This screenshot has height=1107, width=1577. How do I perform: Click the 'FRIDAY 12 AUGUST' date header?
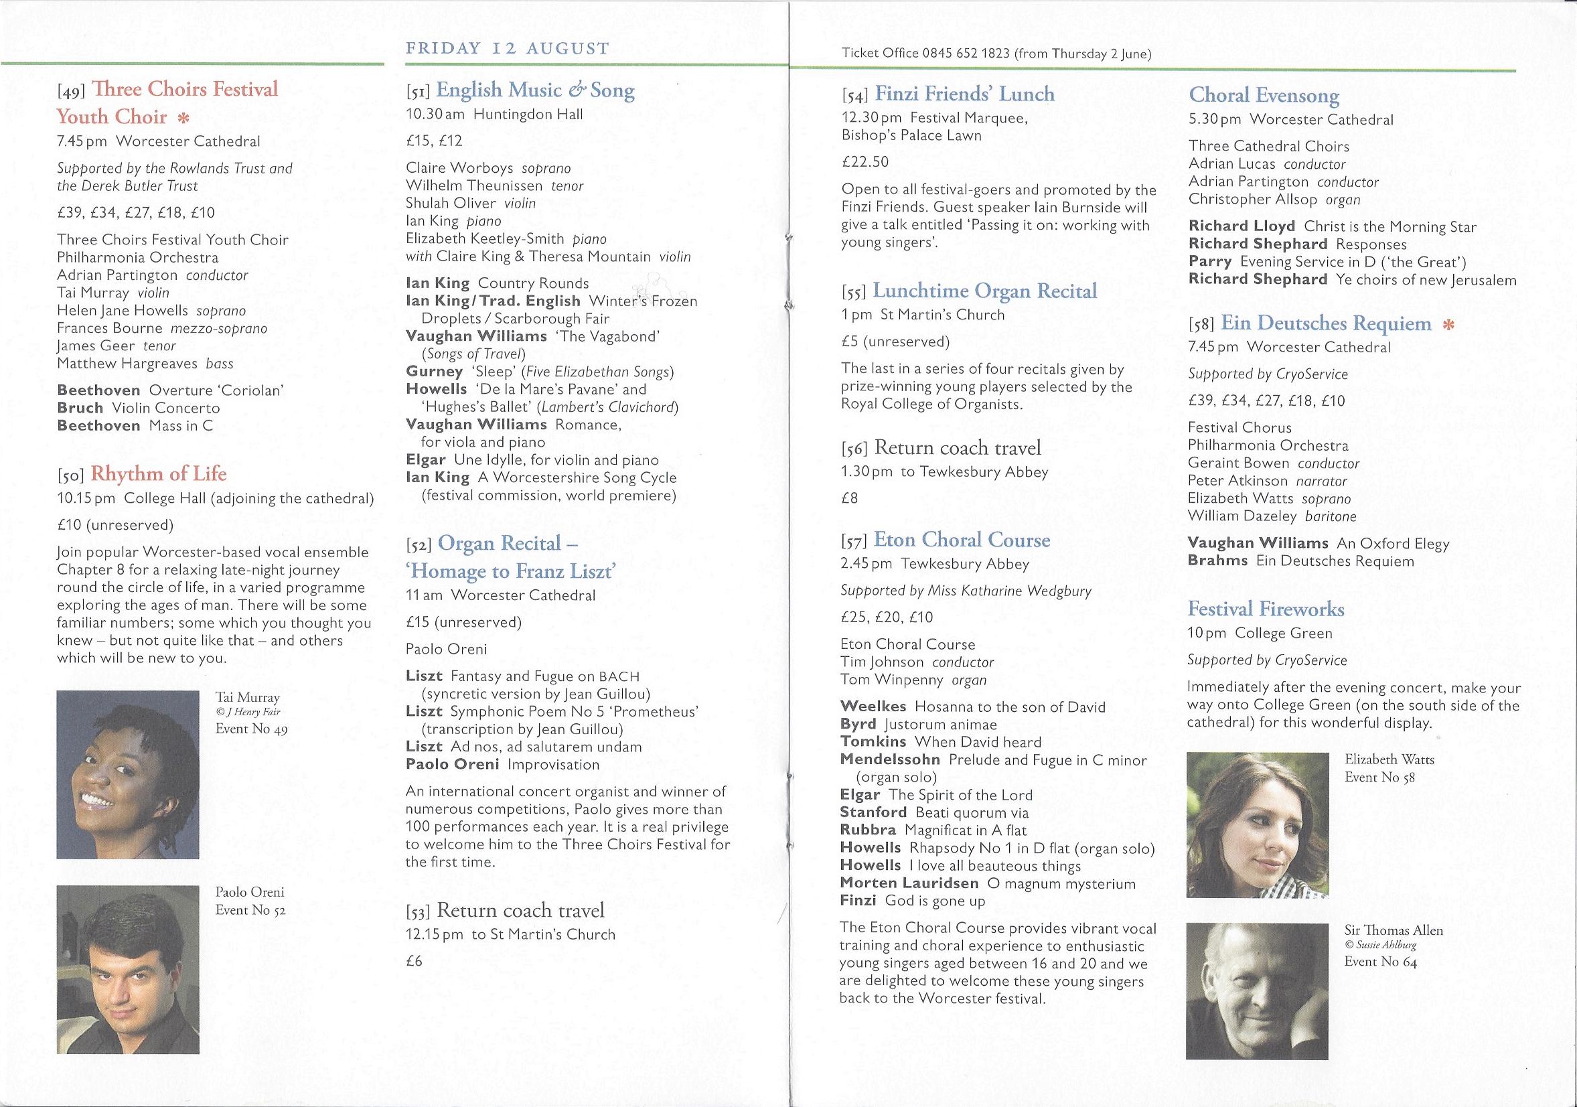pos(507,48)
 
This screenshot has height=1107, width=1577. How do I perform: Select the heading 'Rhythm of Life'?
pos(158,474)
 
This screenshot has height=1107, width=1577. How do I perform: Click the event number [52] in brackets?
pos(419,545)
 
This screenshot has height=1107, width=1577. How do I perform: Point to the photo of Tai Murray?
pos(128,775)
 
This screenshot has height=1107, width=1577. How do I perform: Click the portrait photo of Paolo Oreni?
pos(128,970)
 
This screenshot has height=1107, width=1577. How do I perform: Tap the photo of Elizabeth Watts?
pos(1257,825)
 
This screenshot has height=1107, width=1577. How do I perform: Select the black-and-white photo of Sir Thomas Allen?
pos(1256,990)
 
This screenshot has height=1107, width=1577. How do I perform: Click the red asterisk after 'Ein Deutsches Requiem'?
pos(1448,325)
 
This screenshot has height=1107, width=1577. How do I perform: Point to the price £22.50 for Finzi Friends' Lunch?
pos(865,162)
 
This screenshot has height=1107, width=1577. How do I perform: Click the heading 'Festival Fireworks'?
pos(1266,609)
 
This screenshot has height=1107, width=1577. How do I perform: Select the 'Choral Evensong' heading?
pos(1264,96)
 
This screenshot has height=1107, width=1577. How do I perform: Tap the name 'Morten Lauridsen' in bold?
pos(909,883)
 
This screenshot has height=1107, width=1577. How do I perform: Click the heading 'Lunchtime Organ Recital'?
pos(984,291)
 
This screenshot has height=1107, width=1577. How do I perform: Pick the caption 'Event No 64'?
pos(1381,962)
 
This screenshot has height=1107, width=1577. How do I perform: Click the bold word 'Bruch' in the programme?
pos(80,408)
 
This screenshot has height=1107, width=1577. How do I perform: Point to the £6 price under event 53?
pos(414,961)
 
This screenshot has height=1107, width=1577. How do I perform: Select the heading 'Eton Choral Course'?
pos(962,540)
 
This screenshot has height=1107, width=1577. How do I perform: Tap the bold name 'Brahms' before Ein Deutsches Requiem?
pos(1217,561)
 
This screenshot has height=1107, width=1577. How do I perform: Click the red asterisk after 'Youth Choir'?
pos(183,117)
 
